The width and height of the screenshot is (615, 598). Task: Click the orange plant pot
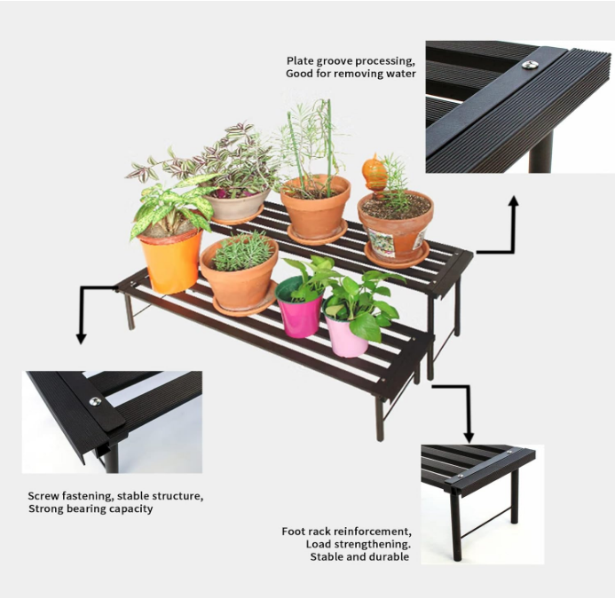tap(172, 261)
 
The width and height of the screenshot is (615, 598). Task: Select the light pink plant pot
tap(346, 337)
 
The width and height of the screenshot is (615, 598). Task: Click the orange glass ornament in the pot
tap(375, 173)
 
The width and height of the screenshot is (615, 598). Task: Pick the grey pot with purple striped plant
tap(238, 206)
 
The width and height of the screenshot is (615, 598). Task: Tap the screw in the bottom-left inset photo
tap(95, 402)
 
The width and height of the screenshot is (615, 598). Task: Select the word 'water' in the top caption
tap(399, 74)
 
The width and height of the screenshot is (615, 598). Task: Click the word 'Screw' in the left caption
tap(43, 496)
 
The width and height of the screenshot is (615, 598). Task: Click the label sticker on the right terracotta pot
tap(382, 241)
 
